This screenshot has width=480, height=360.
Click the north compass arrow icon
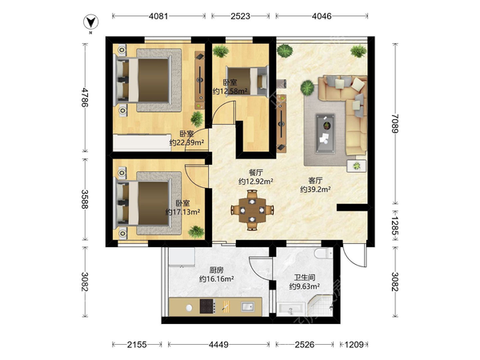[x=90, y=22]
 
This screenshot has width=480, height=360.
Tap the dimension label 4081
[x=158, y=16]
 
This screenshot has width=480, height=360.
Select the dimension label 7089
[x=395, y=123]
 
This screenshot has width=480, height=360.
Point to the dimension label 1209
[x=354, y=345]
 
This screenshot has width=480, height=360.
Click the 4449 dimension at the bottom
[x=218, y=345]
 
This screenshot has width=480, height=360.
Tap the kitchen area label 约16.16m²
[x=217, y=279]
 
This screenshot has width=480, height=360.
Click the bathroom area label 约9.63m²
[x=305, y=286]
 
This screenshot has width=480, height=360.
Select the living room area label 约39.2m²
[x=315, y=189]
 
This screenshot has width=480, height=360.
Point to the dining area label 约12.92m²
[x=256, y=182]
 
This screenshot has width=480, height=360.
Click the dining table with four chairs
[x=252, y=210]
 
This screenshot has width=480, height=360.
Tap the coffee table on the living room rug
[x=326, y=133]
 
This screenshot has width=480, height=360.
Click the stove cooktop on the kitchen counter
[x=208, y=306]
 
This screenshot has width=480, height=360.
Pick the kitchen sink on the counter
[x=247, y=306]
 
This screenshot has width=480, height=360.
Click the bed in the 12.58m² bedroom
[x=247, y=81]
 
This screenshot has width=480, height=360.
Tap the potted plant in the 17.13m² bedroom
[x=196, y=232]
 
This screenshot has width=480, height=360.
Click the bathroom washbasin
[x=291, y=309]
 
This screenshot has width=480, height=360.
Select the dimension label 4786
[x=85, y=98]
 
